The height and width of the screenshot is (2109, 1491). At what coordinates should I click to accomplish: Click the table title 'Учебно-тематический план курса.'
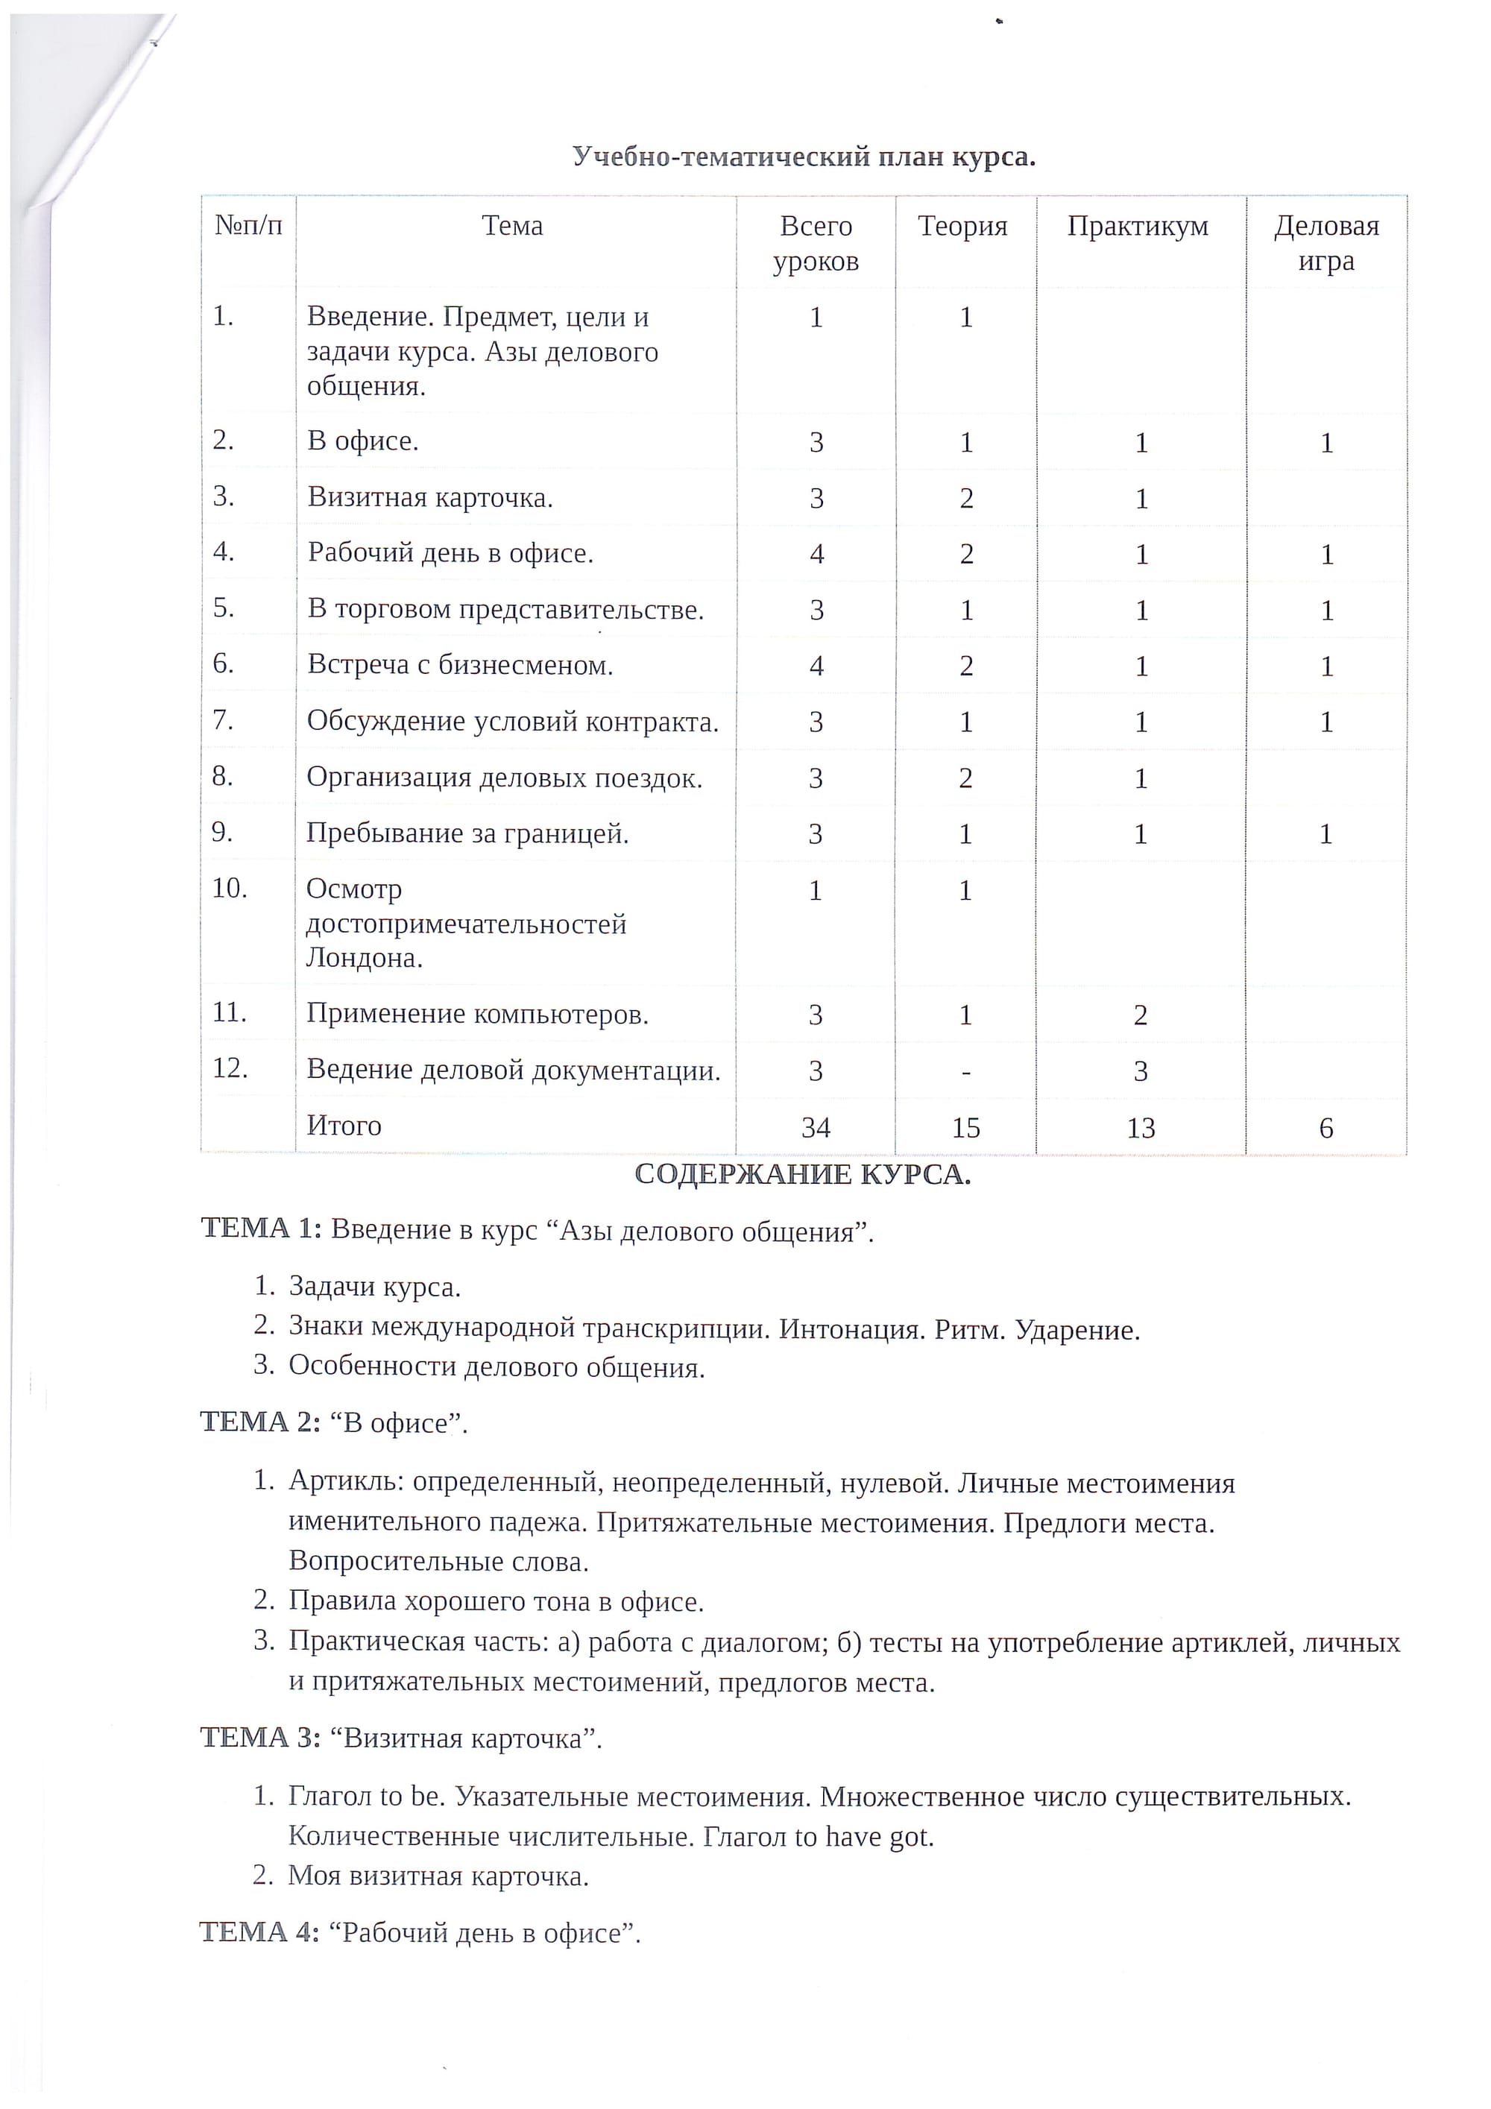click(x=804, y=157)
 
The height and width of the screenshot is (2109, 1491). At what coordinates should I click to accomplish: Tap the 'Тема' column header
click(x=513, y=226)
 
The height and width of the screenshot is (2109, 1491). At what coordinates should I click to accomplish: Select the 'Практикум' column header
click(x=1138, y=226)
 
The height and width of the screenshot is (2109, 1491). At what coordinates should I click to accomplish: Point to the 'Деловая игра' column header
click(x=1325, y=244)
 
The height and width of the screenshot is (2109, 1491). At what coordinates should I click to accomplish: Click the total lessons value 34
click(x=816, y=1128)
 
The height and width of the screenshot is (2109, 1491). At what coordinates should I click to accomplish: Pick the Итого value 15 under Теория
click(x=965, y=1128)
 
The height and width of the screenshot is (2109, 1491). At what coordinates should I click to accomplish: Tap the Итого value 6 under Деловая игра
click(x=1325, y=1128)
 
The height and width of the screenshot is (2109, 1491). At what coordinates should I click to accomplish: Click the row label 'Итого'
click(x=344, y=1126)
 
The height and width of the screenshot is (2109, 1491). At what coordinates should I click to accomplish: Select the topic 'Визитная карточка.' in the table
click(x=430, y=498)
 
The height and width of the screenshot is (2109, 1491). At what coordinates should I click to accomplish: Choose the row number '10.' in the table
click(x=230, y=888)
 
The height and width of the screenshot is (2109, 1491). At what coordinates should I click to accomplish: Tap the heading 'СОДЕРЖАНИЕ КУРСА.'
click(x=802, y=1175)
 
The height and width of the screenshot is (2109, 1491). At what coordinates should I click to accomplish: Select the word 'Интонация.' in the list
click(x=851, y=1329)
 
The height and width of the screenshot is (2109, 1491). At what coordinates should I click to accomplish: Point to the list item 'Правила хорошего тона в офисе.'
click(x=496, y=1601)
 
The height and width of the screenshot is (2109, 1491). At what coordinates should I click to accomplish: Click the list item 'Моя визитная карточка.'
click(x=438, y=1876)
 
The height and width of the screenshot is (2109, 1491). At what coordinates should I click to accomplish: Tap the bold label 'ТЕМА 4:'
click(x=260, y=1932)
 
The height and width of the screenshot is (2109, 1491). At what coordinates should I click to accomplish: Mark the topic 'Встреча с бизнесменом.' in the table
click(x=460, y=665)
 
